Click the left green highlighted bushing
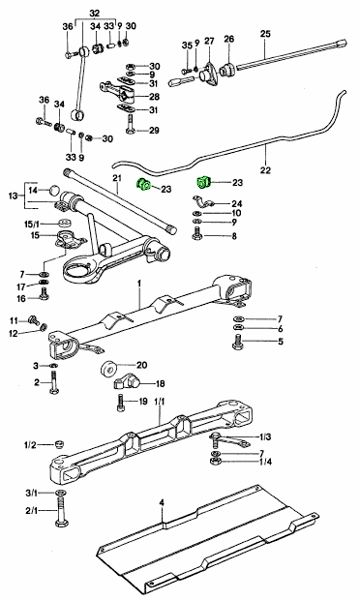tap(144, 184)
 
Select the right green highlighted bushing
tap(203, 182)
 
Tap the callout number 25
tap(265, 34)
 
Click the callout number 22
tap(265, 169)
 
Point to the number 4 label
tap(162, 501)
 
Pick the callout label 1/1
tap(160, 402)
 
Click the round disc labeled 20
tap(109, 369)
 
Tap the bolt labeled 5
tap(238, 342)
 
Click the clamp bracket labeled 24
tap(202, 201)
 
